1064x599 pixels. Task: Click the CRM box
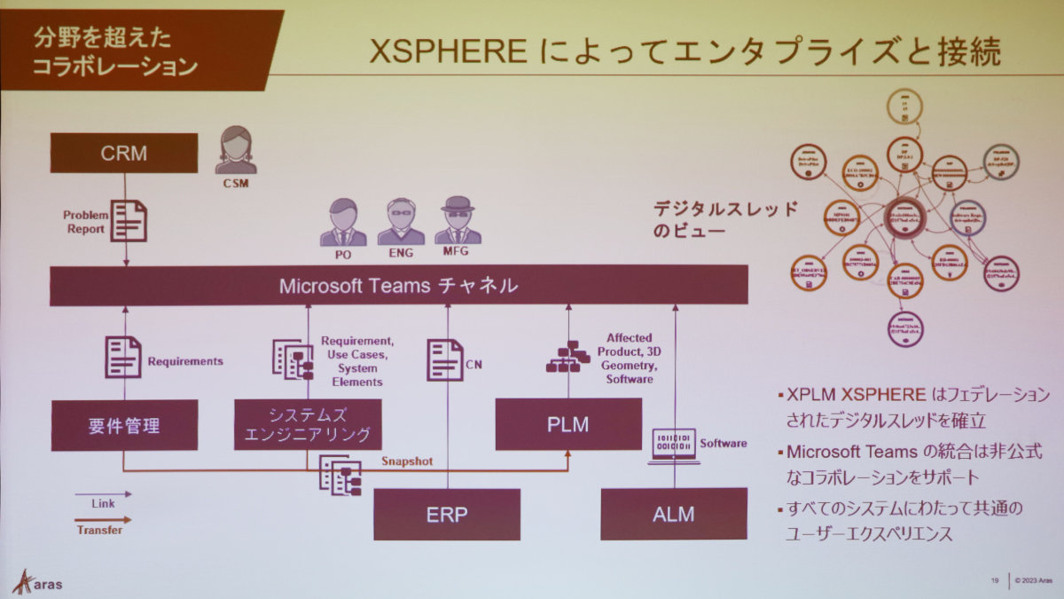pyautogui.click(x=123, y=153)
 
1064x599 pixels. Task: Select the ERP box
pyautogui.click(x=447, y=515)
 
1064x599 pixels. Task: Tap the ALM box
pyautogui.click(x=674, y=514)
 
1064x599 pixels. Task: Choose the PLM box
pyautogui.click(x=568, y=424)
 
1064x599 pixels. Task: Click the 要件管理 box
pyautogui.click(x=124, y=425)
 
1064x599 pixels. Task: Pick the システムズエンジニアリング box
pyautogui.click(x=308, y=425)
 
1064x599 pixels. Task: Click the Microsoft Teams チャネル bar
pyautogui.click(x=398, y=286)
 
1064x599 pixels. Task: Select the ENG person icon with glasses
pyautogui.click(x=401, y=222)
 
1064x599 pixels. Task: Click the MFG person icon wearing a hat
pyautogui.click(x=458, y=221)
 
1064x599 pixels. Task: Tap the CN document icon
pyautogui.click(x=444, y=359)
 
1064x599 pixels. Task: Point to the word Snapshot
pyautogui.click(x=407, y=461)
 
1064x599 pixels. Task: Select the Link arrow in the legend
pyautogui.click(x=104, y=494)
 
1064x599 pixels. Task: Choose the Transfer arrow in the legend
pyautogui.click(x=104, y=520)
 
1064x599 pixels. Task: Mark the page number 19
pyautogui.click(x=996, y=581)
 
